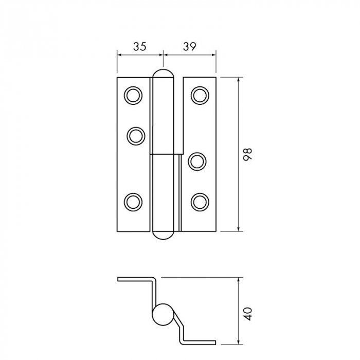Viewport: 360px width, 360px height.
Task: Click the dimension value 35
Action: point(139,46)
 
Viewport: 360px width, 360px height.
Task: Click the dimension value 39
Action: point(189,46)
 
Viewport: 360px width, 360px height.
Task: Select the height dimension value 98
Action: point(248,154)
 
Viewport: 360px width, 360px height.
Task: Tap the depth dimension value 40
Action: point(248,314)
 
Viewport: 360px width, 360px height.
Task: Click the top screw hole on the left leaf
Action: point(133,95)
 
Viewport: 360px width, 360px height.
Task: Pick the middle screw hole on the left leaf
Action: point(136,136)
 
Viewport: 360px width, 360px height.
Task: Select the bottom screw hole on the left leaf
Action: point(133,201)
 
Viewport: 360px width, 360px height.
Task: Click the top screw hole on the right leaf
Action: point(200,95)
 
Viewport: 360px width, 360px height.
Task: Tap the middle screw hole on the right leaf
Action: point(197,161)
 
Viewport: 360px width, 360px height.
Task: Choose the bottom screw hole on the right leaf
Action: point(200,201)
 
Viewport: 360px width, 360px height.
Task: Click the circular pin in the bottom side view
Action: point(163,314)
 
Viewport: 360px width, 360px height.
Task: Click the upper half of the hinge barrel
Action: point(165,113)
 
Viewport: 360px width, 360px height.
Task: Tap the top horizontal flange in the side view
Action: point(135,279)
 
